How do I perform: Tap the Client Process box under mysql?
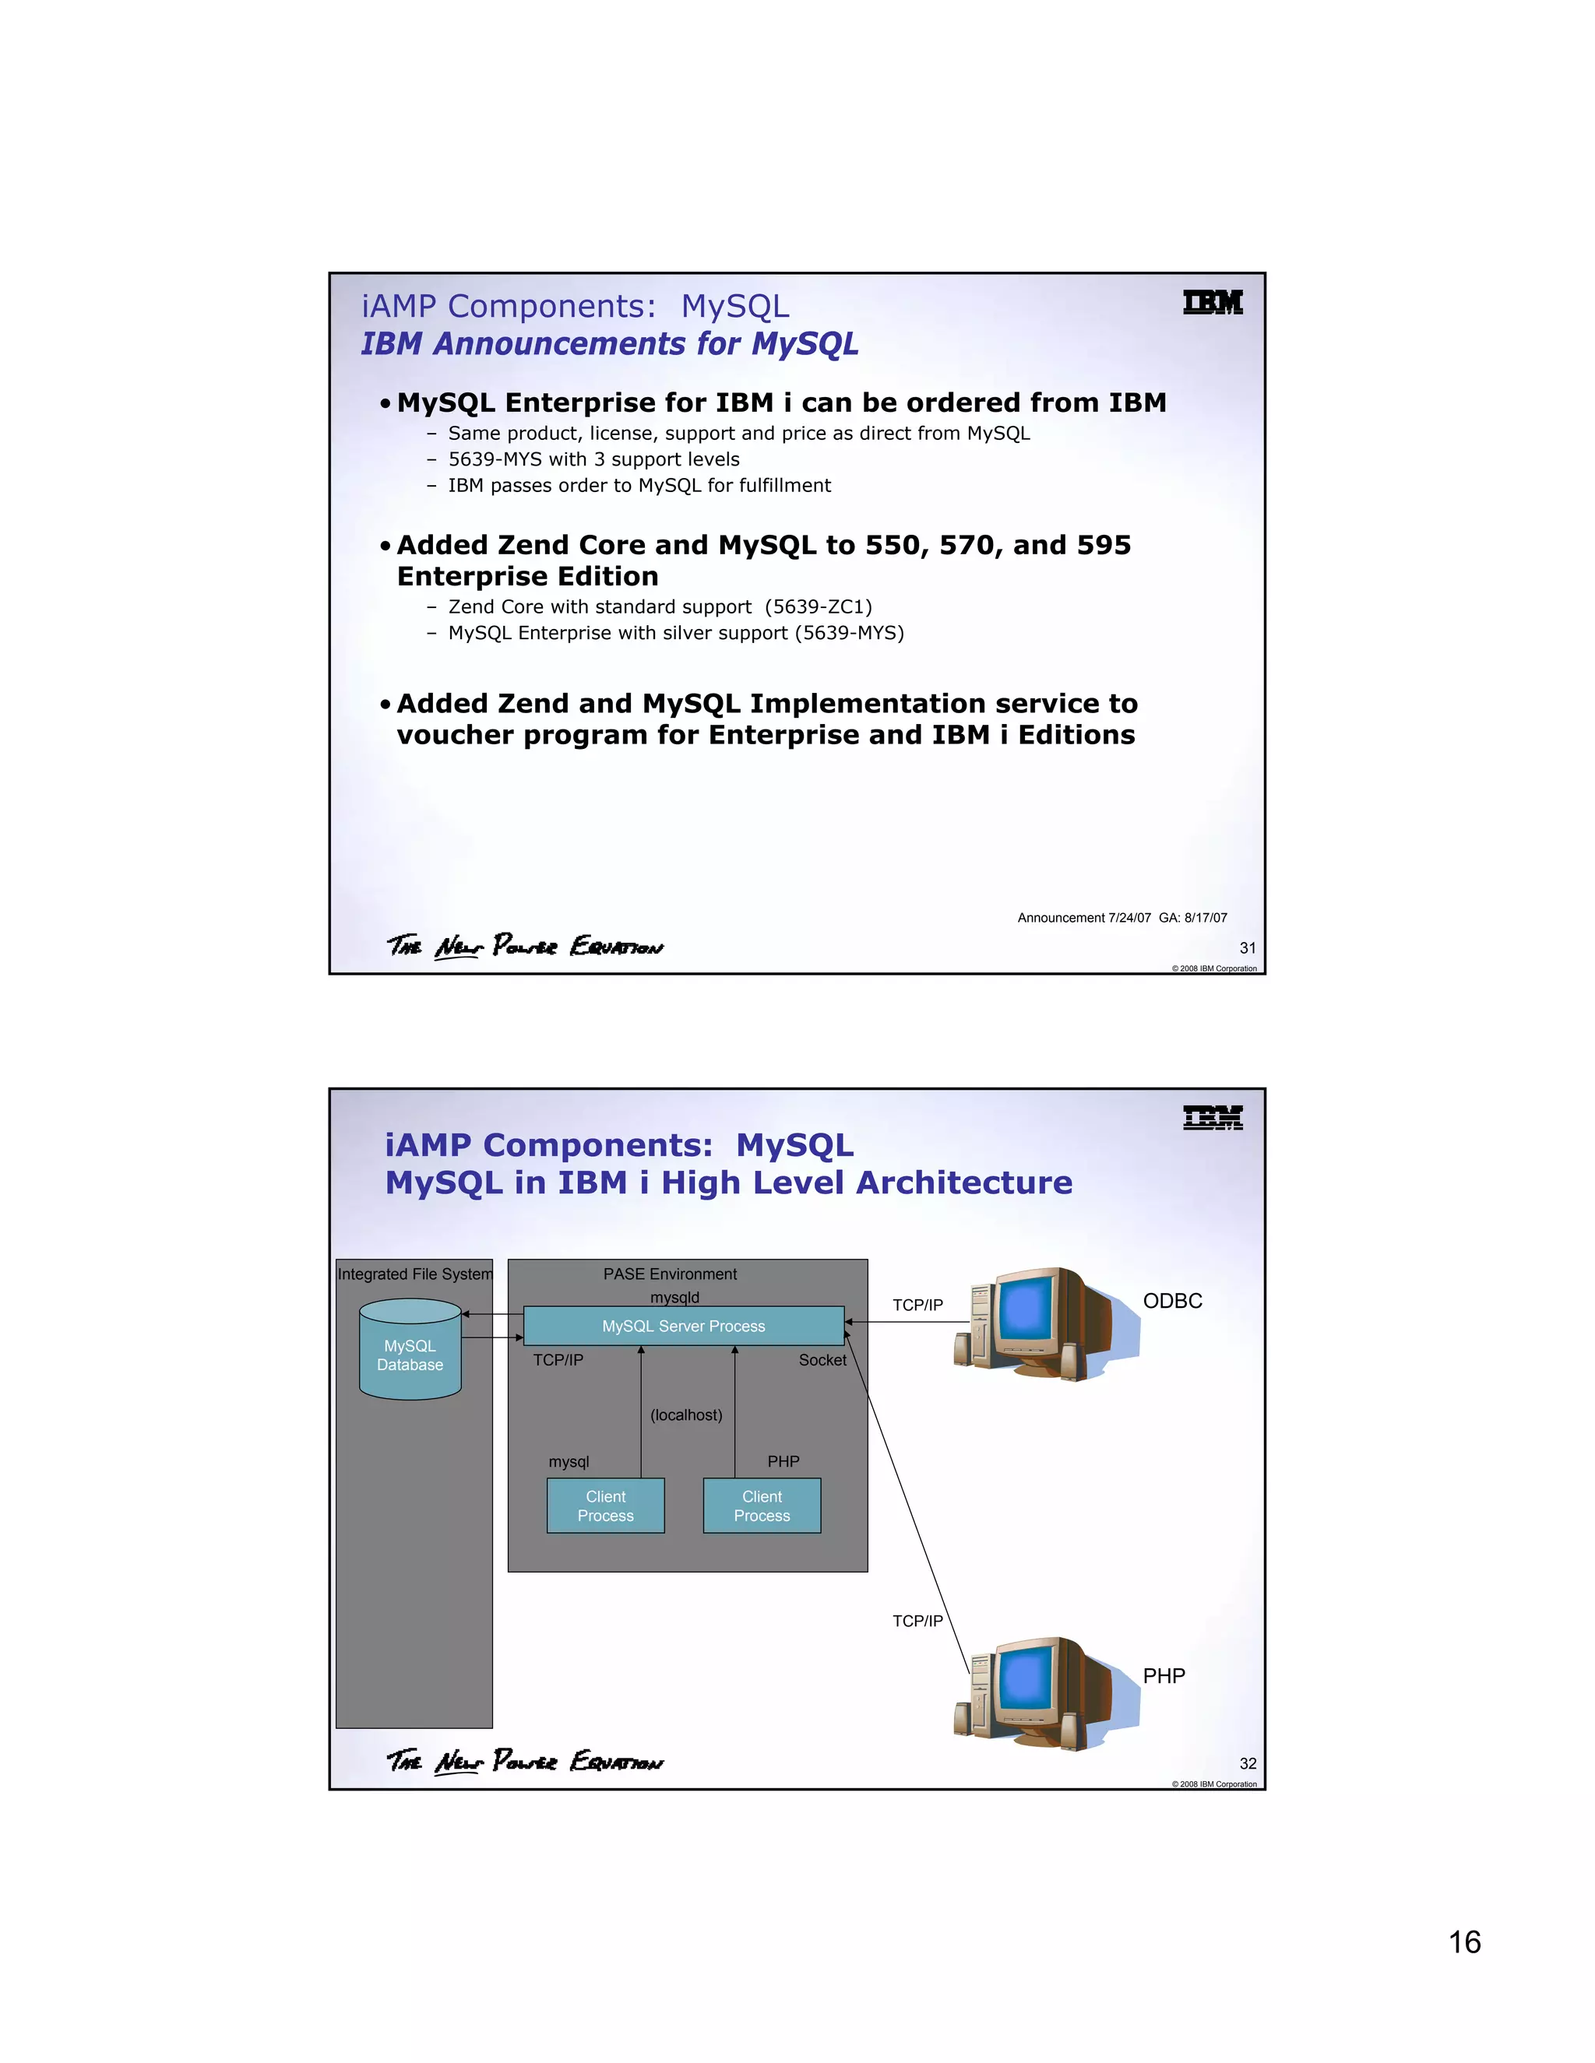pyautogui.click(x=606, y=1506)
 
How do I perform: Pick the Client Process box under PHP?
pyautogui.click(x=762, y=1506)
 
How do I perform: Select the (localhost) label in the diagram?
pyautogui.click(x=686, y=1415)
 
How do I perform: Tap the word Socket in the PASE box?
pyautogui.click(x=822, y=1360)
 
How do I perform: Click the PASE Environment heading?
pyautogui.click(x=670, y=1274)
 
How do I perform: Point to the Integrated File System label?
pyautogui.click(x=415, y=1274)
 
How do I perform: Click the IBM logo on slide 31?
pyautogui.click(x=1213, y=302)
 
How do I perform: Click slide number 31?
pyautogui.click(x=1248, y=947)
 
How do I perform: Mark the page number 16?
pyautogui.click(x=1465, y=1942)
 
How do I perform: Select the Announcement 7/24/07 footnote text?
pyautogui.click(x=1121, y=917)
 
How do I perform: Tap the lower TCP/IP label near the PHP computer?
pyautogui.click(x=917, y=1621)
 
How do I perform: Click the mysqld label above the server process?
pyautogui.click(x=674, y=1297)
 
